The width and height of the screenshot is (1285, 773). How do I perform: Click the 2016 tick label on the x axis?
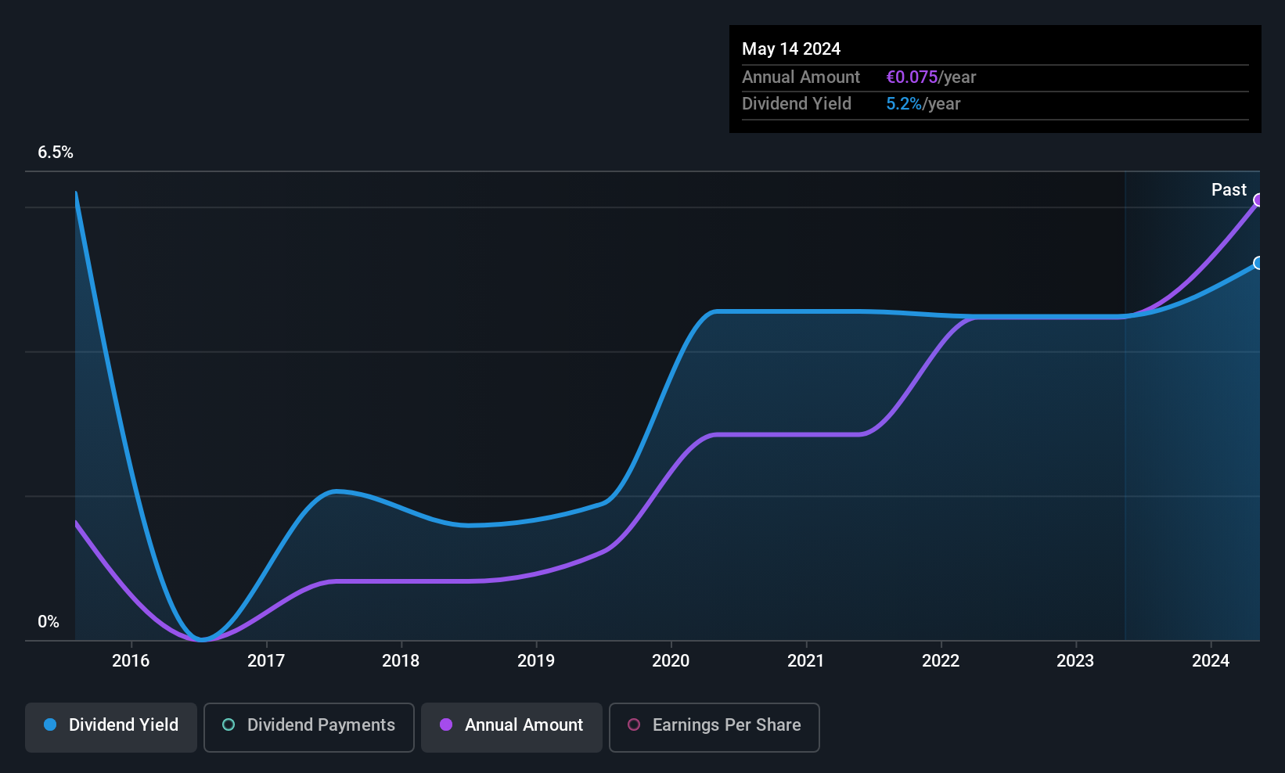(x=131, y=660)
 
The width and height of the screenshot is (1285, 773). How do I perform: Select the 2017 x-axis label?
(x=265, y=660)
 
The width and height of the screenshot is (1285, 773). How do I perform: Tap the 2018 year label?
(x=401, y=660)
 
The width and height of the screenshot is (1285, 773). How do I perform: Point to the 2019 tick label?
(x=536, y=660)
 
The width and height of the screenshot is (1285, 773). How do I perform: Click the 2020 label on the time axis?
(x=671, y=660)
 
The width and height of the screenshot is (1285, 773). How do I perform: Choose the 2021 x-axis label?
(x=805, y=660)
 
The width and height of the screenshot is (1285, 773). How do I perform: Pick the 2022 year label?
(x=941, y=660)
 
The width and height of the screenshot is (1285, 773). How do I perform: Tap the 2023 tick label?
(x=1075, y=660)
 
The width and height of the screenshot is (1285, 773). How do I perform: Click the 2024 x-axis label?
(x=1211, y=660)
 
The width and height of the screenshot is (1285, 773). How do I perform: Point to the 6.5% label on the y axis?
(x=56, y=153)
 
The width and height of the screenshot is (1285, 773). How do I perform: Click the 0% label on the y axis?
(x=49, y=622)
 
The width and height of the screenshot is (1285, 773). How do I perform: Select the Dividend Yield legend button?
(x=110, y=727)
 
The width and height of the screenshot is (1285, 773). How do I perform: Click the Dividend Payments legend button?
(x=308, y=727)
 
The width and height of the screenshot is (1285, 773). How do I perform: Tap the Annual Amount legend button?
(x=512, y=727)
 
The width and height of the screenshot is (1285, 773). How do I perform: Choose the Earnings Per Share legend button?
(x=714, y=727)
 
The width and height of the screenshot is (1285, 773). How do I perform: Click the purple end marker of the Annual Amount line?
(x=1258, y=200)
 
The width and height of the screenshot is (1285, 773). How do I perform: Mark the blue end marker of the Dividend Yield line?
(x=1258, y=263)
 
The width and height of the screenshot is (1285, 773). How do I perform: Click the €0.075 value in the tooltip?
(x=912, y=77)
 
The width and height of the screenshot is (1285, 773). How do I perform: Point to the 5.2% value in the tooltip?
(x=904, y=104)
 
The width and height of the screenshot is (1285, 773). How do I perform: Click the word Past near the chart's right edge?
(x=1229, y=190)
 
